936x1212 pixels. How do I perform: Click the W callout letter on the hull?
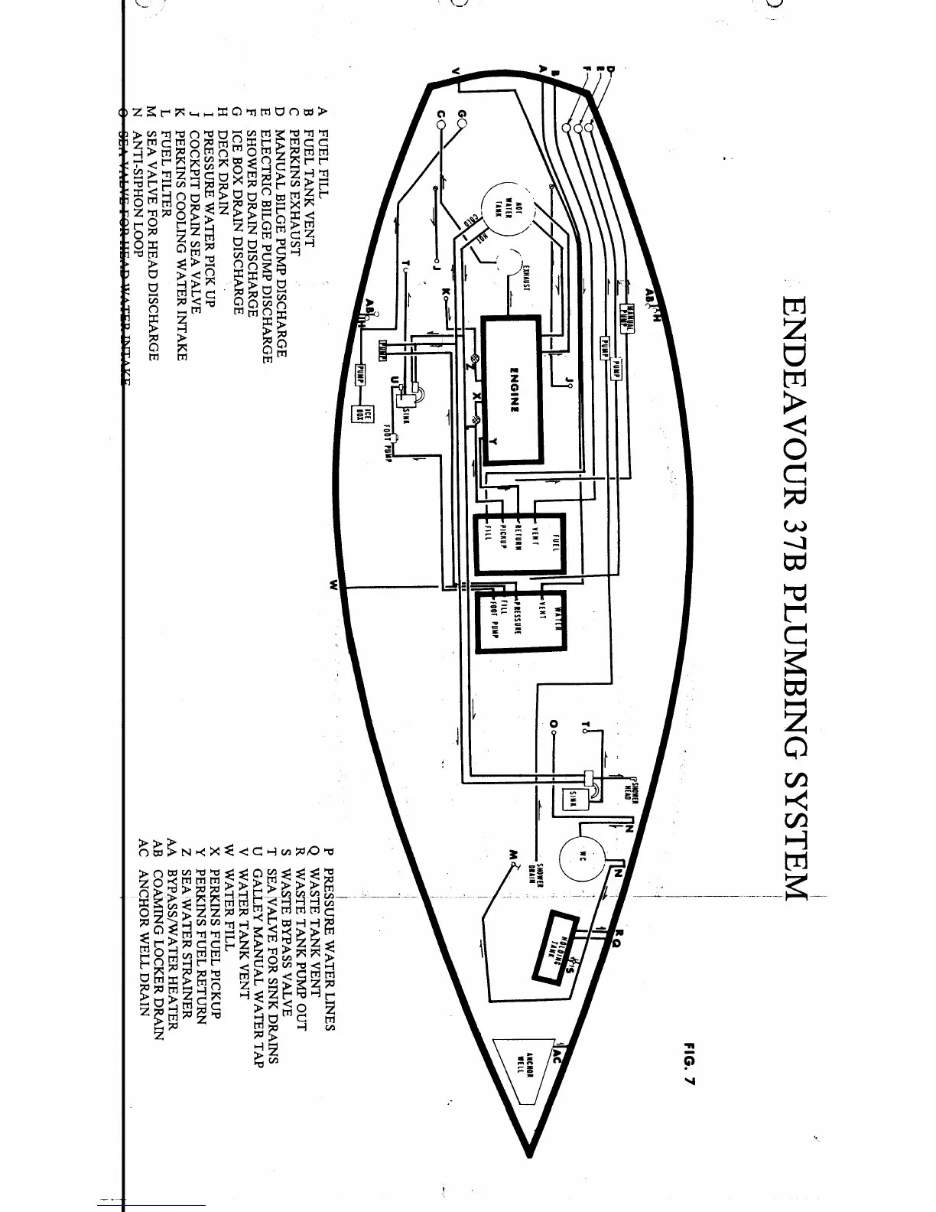[333, 586]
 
